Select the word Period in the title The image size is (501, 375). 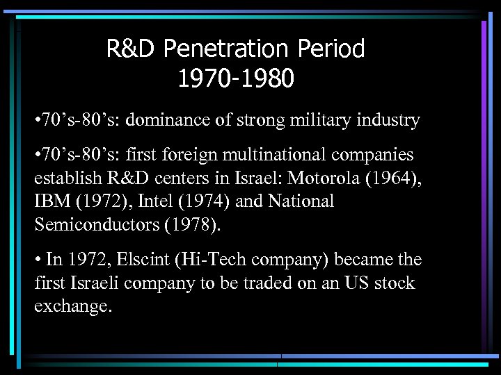(x=331, y=49)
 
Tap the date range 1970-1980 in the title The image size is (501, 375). (x=235, y=79)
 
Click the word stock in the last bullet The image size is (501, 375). (x=394, y=283)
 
